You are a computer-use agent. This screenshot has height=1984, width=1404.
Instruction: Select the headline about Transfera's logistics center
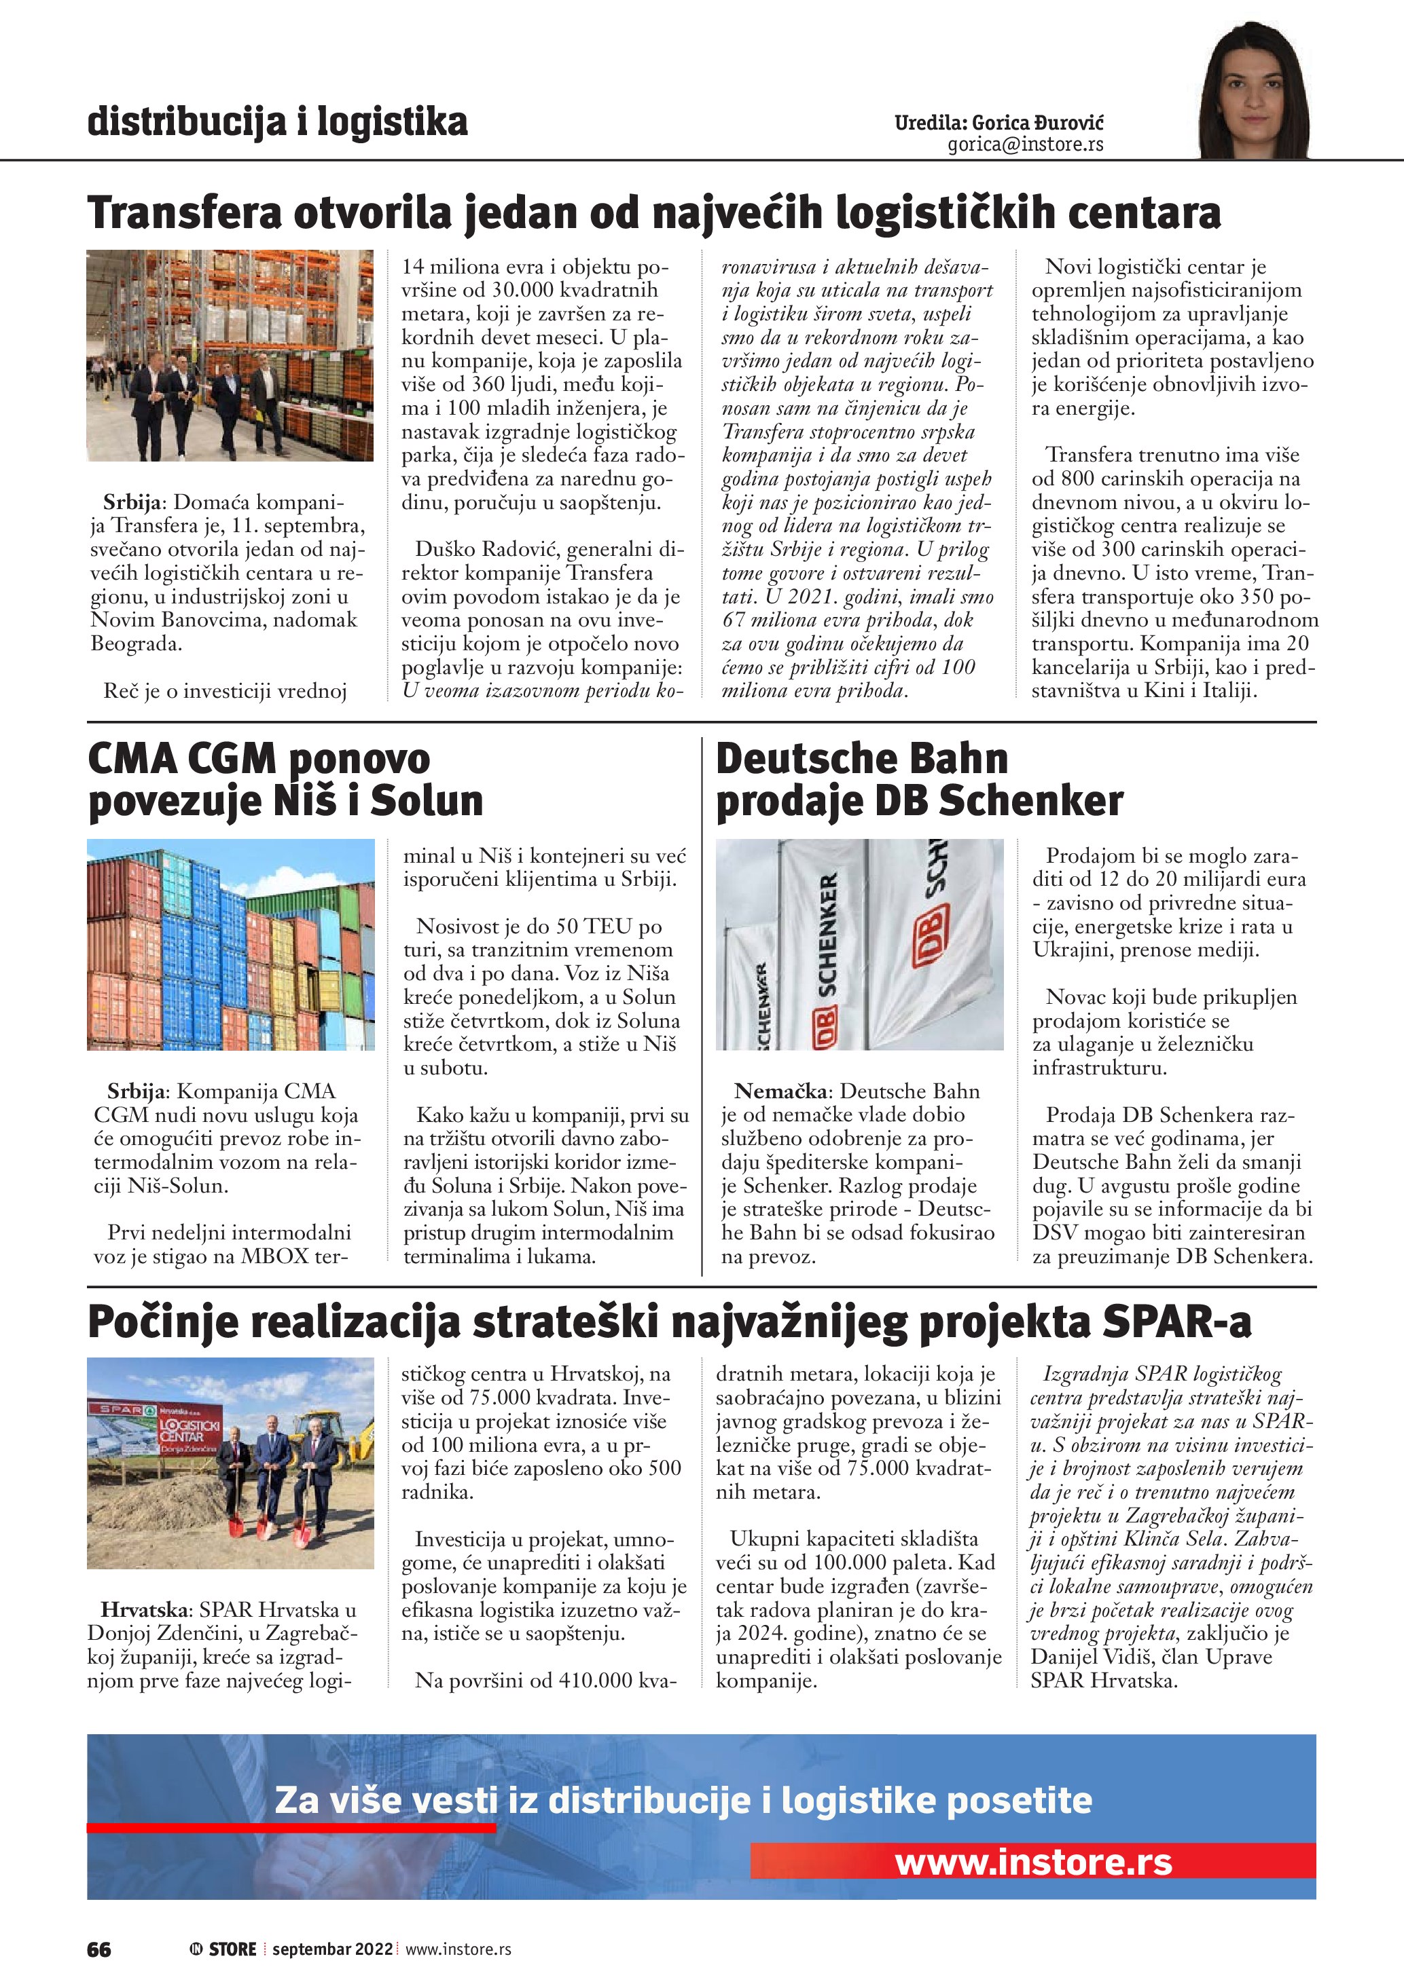click(x=653, y=212)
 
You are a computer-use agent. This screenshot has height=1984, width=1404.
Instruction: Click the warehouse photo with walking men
click(x=230, y=355)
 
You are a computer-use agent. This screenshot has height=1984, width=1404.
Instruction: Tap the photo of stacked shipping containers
click(x=230, y=944)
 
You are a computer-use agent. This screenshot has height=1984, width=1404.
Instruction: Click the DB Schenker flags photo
click(x=859, y=944)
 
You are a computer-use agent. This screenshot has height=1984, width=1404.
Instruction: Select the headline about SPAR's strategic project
click(x=669, y=1323)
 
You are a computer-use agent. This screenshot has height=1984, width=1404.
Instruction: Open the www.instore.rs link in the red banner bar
click(x=1033, y=1861)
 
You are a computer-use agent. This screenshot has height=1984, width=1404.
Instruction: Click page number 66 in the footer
click(x=98, y=1949)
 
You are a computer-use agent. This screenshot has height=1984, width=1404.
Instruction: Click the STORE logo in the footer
click(x=224, y=1949)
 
